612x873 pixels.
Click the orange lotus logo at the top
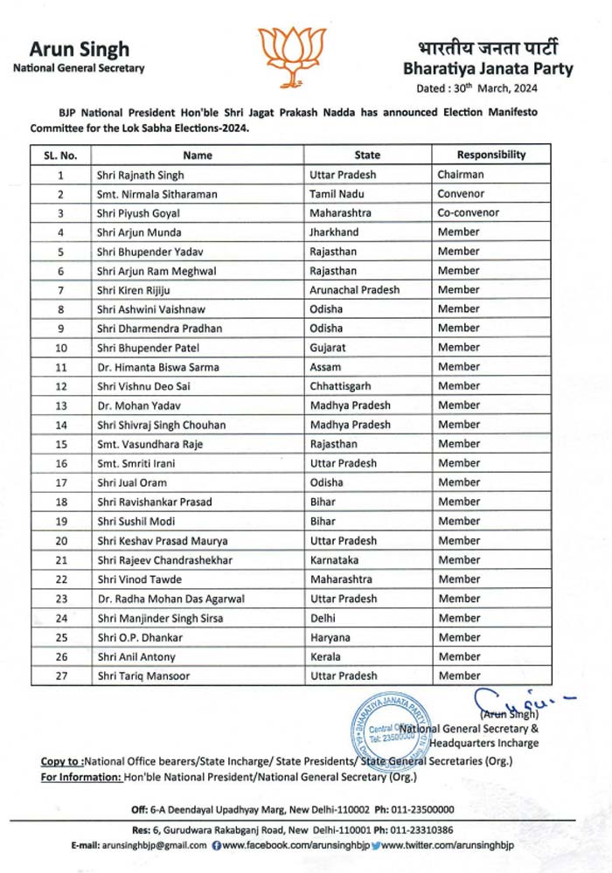(291, 55)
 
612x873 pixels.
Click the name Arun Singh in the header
(79, 49)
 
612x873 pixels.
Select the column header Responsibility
(490, 156)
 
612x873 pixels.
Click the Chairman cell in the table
(460, 175)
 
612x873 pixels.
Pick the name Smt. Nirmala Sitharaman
(157, 194)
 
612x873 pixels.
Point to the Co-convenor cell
(469, 213)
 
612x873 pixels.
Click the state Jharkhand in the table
(335, 232)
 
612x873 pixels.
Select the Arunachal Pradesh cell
(354, 290)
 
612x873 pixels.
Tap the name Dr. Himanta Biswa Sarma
(158, 367)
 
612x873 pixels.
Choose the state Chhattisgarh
(342, 386)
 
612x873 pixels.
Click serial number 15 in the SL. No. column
(61, 444)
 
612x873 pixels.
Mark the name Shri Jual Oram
(132, 482)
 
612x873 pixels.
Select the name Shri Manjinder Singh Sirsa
(160, 618)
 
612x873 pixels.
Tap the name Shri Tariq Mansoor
(143, 676)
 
